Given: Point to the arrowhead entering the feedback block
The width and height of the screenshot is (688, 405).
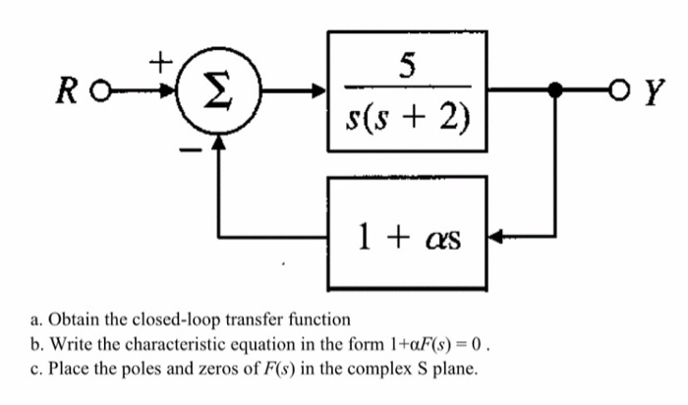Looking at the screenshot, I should pyautogui.click(x=495, y=236).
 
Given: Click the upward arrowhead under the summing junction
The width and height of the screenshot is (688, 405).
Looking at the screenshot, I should pyautogui.click(x=219, y=145).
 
